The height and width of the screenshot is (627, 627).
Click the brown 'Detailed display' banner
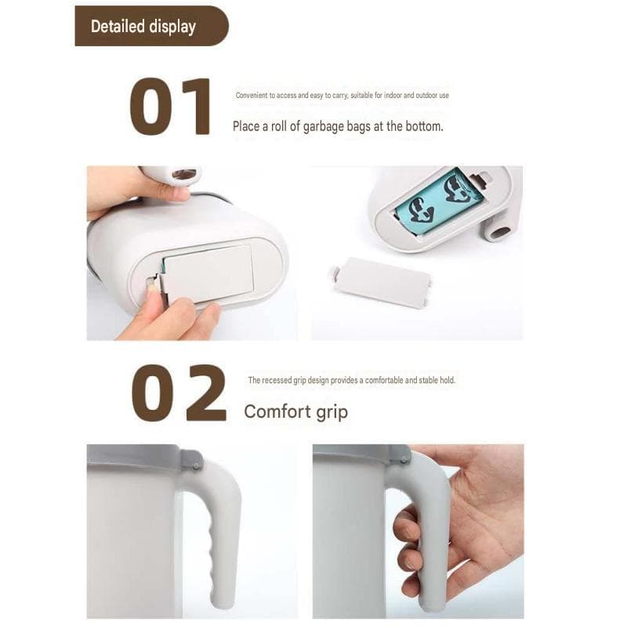tap(151, 26)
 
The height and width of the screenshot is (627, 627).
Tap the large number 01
tap(170, 107)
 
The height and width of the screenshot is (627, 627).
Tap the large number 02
tap(179, 393)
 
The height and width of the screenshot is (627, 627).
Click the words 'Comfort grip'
tap(296, 411)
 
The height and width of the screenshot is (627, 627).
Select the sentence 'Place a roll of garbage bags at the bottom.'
tap(338, 126)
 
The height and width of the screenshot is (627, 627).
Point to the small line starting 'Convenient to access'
tap(342, 95)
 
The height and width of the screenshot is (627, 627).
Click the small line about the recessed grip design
tap(351, 380)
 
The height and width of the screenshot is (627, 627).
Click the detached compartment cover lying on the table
tap(380, 282)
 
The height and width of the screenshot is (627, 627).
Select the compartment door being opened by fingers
tap(208, 272)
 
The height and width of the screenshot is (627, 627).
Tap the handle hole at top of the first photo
tap(184, 174)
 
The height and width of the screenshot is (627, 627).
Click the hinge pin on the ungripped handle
tap(195, 466)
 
